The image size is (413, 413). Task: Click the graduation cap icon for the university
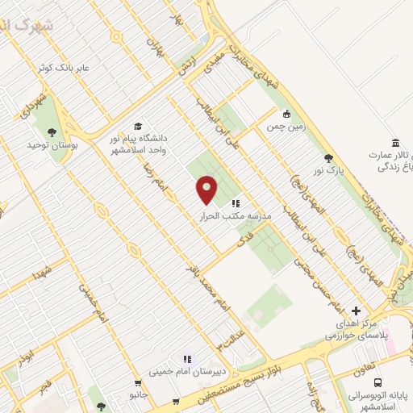point(138,127)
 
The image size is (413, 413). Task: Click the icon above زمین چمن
point(286,114)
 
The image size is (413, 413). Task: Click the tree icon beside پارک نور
point(327,158)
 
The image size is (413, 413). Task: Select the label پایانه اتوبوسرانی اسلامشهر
point(379,401)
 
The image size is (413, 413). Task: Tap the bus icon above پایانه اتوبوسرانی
point(378,385)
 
